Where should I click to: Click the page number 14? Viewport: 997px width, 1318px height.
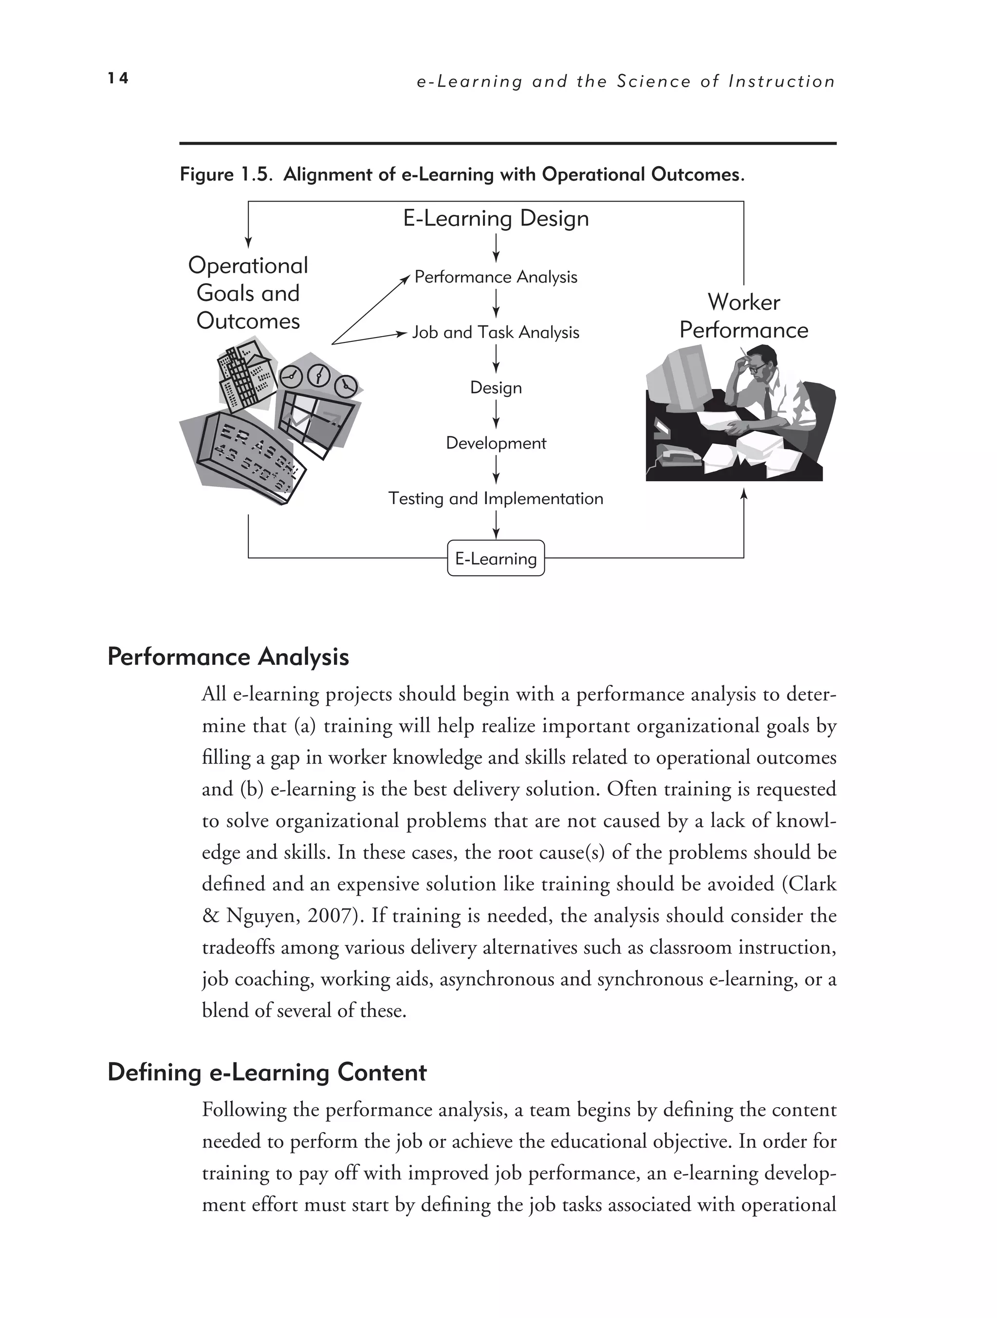click(118, 78)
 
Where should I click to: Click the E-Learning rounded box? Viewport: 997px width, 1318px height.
click(496, 558)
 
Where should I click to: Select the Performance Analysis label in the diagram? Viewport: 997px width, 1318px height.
click(496, 277)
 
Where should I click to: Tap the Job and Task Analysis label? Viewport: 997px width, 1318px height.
click(496, 333)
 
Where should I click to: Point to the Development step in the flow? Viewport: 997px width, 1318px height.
click(496, 443)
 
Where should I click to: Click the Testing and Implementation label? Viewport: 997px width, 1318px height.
click(496, 499)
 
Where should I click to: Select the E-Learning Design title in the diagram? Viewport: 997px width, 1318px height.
click(496, 219)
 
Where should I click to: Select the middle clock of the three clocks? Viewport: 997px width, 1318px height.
click(319, 377)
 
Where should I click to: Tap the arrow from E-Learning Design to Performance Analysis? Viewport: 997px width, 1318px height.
click(496, 248)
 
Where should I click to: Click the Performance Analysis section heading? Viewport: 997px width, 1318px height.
click(228, 657)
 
